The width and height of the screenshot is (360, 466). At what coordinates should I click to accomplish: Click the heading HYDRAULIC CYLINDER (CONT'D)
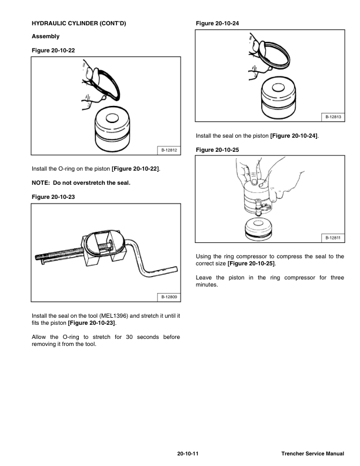(79, 23)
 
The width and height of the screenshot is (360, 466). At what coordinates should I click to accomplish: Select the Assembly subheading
(45, 36)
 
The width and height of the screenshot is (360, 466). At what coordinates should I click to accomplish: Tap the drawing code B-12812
(169, 150)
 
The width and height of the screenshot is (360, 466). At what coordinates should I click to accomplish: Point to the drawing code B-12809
(169, 297)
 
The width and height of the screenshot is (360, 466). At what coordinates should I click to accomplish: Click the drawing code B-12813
(334, 117)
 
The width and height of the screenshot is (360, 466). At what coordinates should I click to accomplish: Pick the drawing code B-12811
(334, 238)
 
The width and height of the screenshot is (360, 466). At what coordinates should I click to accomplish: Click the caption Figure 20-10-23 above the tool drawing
(53, 197)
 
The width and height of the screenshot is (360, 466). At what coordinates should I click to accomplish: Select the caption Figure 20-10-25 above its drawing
(217, 150)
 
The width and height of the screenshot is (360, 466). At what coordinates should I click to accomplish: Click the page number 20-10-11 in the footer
(188, 454)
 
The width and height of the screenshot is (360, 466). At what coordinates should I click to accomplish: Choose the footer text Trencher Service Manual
(313, 454)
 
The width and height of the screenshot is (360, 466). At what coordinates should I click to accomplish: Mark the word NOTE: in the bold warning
(41, 183)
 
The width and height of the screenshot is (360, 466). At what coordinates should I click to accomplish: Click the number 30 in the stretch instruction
(129, 337)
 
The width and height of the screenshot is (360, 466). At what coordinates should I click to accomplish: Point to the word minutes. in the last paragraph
(206, 284)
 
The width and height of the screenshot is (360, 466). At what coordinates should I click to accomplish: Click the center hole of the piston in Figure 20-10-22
(112, 118)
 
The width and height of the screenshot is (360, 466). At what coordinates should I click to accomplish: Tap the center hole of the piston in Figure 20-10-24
(278, 87)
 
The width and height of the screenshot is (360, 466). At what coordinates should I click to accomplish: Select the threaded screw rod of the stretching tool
(59, 254)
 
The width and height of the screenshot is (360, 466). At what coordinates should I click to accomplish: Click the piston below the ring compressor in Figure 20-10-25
(258, 229)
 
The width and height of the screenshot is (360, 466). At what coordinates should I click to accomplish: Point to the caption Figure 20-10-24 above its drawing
(217, 23)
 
